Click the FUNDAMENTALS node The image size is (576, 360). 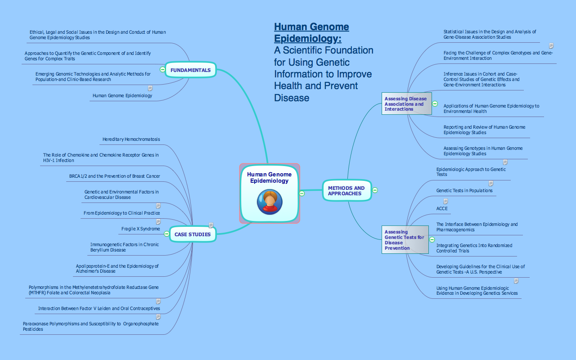coord(190,70)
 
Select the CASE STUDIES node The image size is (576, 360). coord(193,234)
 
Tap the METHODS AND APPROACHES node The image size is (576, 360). coord(346,191)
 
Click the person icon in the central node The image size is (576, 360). coord(270,202)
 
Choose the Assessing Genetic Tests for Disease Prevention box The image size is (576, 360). coord(405,240)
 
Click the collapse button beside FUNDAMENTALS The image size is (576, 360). coord(162,69)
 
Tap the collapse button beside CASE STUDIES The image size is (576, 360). coord(166,234)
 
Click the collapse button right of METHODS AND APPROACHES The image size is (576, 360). coord(375,190)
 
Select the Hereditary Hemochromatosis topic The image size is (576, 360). coord(131,139)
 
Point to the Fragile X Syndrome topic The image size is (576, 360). coord(140,229)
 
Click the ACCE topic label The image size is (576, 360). coord(442,209)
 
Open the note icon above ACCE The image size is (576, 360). coord(445,202)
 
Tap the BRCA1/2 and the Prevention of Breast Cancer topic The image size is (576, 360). coord(114,176)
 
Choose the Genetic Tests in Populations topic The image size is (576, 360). coord(464,191)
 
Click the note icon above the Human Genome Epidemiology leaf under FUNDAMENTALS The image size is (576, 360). coord(150,89)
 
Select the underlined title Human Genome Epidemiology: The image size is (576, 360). coord(311,32)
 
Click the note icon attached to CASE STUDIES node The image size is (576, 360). coord(211,225)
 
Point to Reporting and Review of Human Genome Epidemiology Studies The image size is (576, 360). coord(484,130)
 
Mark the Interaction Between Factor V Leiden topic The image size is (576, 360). coord(99,309)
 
